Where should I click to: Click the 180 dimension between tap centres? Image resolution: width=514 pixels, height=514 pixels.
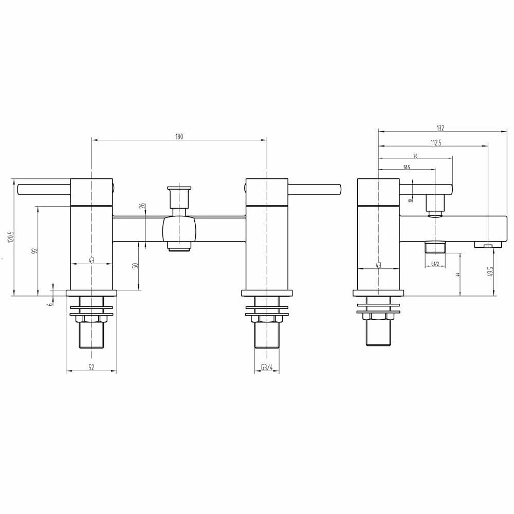coord(179,136)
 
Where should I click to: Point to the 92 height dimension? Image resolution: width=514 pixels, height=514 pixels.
coord(35,251)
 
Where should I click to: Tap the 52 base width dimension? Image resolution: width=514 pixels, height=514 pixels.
coord(91,368)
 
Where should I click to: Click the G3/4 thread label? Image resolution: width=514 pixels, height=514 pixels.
coord(267,368)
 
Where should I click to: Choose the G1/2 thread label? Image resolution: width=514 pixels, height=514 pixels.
coord(435,264)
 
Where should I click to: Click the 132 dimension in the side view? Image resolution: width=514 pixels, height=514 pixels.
coord(440,128)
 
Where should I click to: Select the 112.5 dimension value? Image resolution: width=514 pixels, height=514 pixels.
coord(436,143)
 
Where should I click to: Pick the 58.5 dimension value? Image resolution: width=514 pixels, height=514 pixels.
coord(407,167)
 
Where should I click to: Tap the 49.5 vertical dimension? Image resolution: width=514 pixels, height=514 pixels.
coord(491,271)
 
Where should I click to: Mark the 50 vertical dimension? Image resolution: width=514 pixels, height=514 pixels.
coord(136,266)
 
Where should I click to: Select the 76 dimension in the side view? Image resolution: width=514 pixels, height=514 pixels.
coord(415,156)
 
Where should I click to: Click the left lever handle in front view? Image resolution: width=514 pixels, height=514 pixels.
coord(44,189)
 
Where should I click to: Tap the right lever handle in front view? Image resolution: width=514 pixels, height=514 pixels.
coord(315,189)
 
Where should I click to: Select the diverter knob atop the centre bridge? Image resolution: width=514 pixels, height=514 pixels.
coord(179,196)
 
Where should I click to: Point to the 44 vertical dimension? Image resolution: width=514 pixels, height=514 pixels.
coord(457,274)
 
